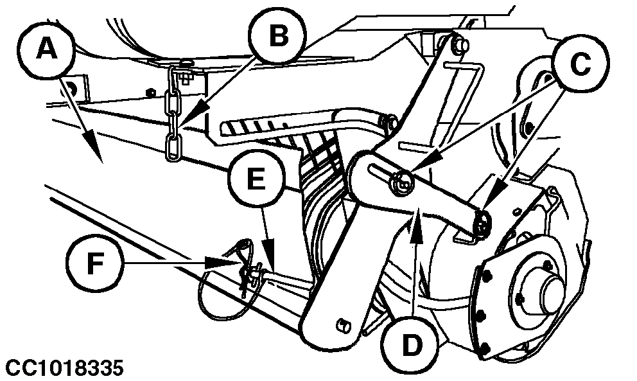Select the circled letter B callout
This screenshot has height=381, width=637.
pyautogui.click(x=277, y=36)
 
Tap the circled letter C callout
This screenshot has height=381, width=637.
pyautogui.click(x=580, y=63)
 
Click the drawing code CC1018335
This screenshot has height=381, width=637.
pyautogui.click(x=62, y=368)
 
